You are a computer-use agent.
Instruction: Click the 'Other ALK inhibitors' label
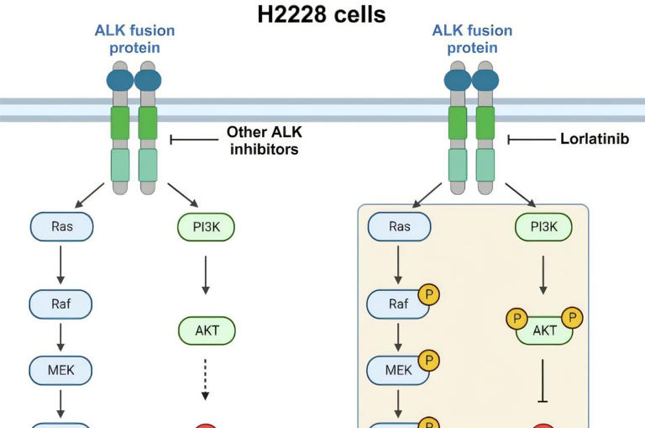pyautogui.click(x=262, y=140)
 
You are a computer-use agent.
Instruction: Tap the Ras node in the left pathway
pyautogui.click(x=61, y=227)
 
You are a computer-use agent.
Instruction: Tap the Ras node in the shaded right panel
pyautogui.click(x=399, y=227)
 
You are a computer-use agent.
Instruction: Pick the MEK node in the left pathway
pyautogui.click(x=60, y=368)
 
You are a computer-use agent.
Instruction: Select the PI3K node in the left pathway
pyautogui.click(x=206, y=227)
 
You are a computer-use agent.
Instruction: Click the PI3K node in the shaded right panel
pyautogui.click(x=543, y=227)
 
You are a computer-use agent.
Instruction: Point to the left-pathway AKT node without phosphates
pyautogui.click(x=207, y=330)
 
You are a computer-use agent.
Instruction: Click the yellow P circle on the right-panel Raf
pyautogui.click(x=428, y=295)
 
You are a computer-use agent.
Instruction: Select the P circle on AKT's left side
pyautogui.click(x=517, y=319)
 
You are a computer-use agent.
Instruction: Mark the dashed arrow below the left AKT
pyautogui.click(x=207, y=379)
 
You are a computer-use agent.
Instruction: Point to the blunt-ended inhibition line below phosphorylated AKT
pyautogui.click(x=543, y=380)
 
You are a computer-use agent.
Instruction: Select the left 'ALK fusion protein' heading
pyautogui.click(x=134, y=39)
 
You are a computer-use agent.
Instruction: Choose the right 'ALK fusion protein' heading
pyautogui.click(x=471, y=39)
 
